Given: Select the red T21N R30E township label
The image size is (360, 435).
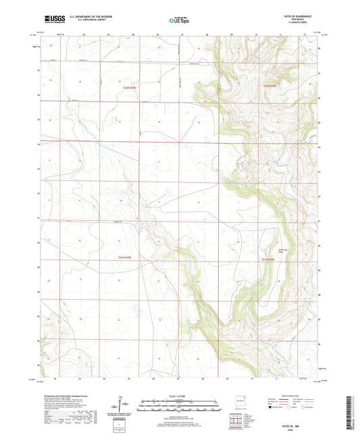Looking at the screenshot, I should (269, 258).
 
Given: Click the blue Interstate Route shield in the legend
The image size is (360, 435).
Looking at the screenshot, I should (272, 408).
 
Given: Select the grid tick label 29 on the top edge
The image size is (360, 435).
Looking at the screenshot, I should (230, 34).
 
